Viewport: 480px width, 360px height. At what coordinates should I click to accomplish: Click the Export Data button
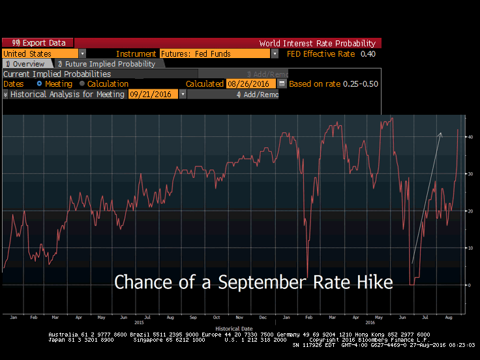point(38,43)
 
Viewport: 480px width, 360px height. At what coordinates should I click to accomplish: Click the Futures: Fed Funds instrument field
point(215,53)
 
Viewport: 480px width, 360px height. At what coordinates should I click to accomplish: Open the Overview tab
point(25,64)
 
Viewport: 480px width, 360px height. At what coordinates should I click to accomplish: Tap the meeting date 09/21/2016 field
point(153,95)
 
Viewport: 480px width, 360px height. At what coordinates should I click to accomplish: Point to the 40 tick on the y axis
point(469,136)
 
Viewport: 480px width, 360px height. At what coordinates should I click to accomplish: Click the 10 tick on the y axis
point(469,248)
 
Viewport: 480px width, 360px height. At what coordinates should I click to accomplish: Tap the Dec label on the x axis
point(262,317)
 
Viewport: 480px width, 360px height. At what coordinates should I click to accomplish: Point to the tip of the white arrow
point(441,132)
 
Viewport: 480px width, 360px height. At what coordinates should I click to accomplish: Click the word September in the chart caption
point(250,282)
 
